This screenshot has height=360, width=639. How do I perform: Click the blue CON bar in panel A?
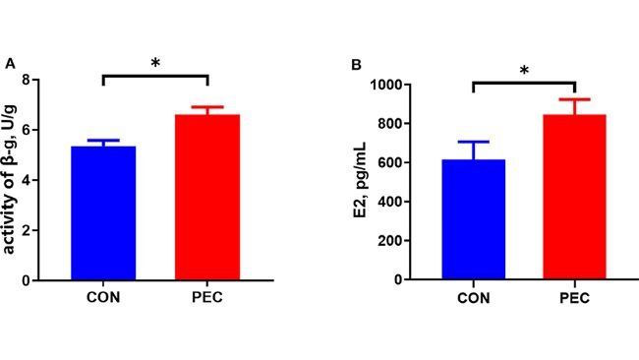(x=102, y=212)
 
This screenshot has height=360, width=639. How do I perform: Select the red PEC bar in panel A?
(x=206, y=197)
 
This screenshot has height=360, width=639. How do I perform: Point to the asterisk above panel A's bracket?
(x=154, y=64)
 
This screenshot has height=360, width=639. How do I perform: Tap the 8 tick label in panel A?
(x=38, y=80)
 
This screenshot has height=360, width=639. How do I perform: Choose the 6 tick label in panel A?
(x=38, y=130)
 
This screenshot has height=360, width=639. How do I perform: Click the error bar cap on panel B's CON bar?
(x=473, y=142)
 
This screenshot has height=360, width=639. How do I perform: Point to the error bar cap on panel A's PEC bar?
(x=206, y=106)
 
